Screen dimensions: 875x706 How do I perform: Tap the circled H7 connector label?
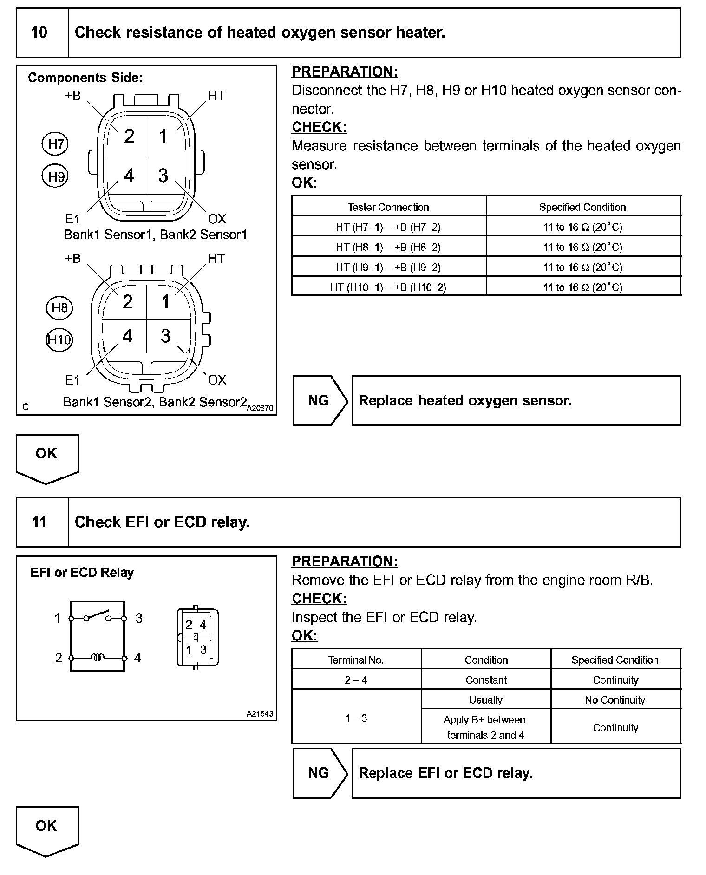(x=55, y=144)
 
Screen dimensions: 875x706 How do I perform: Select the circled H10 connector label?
(x=59, y=340)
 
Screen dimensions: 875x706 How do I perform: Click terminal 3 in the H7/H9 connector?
(x=163, y=176)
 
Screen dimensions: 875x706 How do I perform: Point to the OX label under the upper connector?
(x=217, y=219)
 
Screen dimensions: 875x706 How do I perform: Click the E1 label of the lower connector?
(x=72, y=380)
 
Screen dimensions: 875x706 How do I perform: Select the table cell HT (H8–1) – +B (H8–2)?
(x=388, y=247)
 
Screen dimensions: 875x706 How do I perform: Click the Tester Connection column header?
(x=388, y=207)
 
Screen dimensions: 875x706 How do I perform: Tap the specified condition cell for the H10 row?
(x=583, y=287)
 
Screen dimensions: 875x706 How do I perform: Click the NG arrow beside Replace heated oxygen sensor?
(x=320, y=401)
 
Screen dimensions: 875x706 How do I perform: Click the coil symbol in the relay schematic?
(x=98, y=657)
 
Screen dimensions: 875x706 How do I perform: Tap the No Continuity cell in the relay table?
(x=615, y=700)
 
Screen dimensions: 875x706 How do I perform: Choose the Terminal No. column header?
(x=356, y=660)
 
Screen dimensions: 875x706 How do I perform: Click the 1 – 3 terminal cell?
(x=356, y=718)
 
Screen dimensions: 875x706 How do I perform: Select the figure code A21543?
(x=260, y=714)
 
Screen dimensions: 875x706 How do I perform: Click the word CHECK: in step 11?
(x=319, y=599)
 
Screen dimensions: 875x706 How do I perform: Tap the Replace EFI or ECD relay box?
(x=516, y=773)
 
